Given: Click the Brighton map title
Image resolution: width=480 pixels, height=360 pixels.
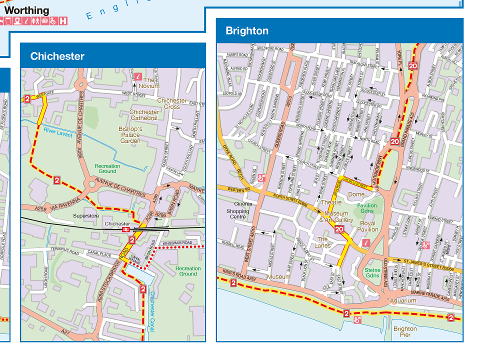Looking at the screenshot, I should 247,31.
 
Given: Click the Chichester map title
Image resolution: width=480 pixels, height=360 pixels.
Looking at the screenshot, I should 57,56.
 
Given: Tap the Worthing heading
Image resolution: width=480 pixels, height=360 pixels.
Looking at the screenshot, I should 26,10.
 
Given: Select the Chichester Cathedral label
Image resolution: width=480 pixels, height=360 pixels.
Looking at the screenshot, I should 144,115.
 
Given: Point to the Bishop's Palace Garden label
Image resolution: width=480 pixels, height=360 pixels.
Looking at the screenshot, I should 130,135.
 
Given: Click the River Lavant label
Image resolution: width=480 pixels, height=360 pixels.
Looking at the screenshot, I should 58,133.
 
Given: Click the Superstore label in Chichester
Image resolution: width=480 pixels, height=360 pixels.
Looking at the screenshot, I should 86,216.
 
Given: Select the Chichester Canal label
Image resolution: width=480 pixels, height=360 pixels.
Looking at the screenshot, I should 152,310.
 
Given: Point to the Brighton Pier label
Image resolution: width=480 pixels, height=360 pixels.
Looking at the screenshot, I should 405,331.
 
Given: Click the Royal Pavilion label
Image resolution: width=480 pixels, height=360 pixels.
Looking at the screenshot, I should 367,226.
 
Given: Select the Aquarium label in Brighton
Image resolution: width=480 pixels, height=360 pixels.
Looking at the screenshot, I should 402,300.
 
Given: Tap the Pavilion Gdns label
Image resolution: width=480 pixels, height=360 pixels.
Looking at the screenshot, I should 367,208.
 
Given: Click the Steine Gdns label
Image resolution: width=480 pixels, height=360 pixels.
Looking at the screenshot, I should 372,272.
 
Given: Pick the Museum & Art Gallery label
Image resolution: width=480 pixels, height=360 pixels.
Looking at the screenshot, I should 336,217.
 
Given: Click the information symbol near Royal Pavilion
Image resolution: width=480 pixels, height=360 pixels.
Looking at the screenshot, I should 365,243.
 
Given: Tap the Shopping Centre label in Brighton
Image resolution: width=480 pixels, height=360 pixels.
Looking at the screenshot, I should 237,214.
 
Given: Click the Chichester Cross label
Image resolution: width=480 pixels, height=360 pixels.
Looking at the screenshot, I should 172,103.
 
